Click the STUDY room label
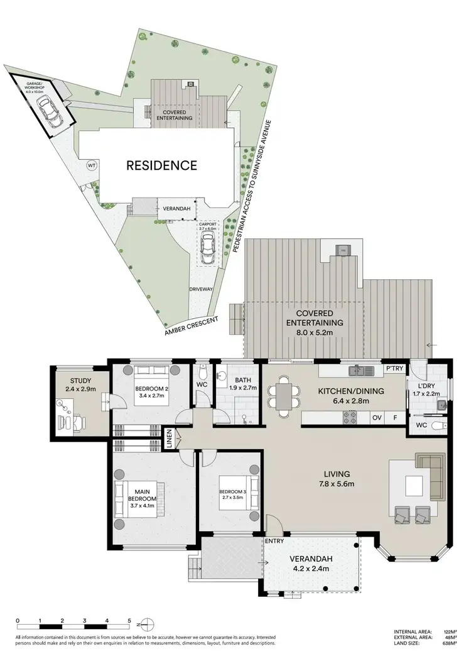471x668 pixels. (x=81, y=381)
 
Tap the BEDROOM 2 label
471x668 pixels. (x=153, y=389)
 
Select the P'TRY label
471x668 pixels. (x=394, y=369)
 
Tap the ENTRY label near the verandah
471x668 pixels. (x=274, y=541)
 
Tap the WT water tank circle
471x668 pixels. (x=92, y=165)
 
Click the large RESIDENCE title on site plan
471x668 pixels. (x=162, y=166)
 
